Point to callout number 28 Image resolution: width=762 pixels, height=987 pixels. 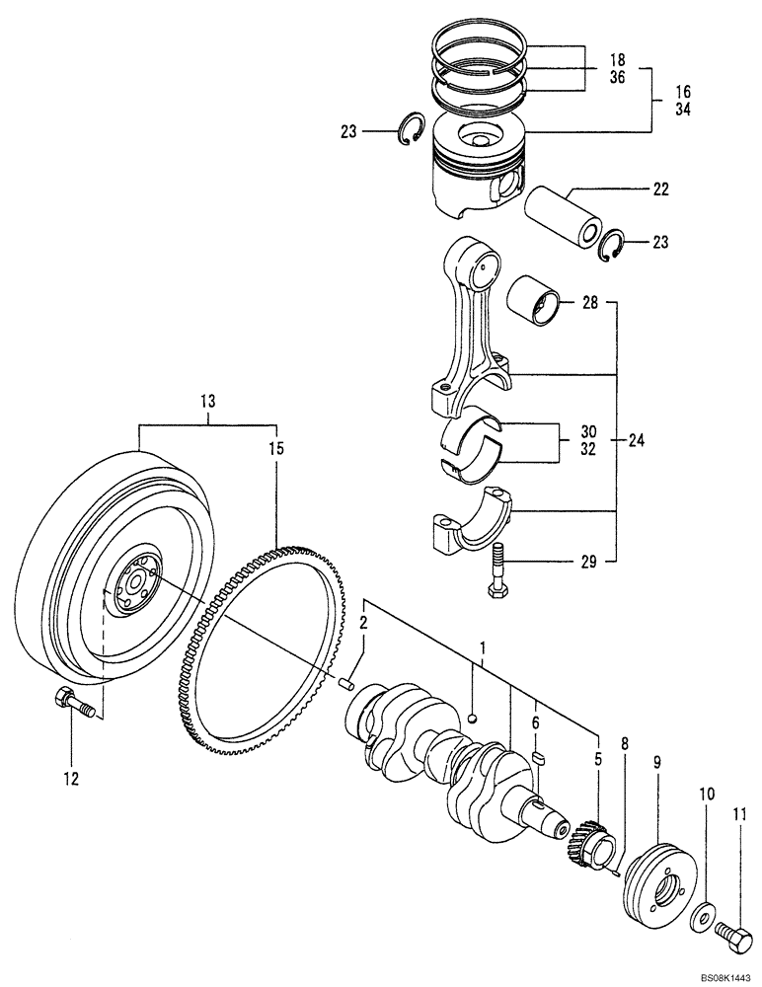pos(589,304)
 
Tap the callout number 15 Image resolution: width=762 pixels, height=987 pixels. pos(275,449)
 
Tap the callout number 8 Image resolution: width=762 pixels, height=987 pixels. pos(624,743)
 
